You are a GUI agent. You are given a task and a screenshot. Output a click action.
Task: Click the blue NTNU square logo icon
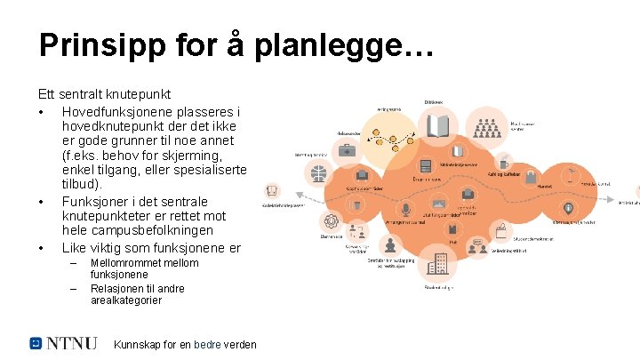(x=36, y=342)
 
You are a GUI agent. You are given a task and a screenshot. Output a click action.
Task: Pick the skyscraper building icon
(x=438, y=263)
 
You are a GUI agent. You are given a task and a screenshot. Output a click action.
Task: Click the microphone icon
(x=406, y=210)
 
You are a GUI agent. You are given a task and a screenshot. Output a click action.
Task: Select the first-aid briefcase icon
(x=348, y=150)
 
